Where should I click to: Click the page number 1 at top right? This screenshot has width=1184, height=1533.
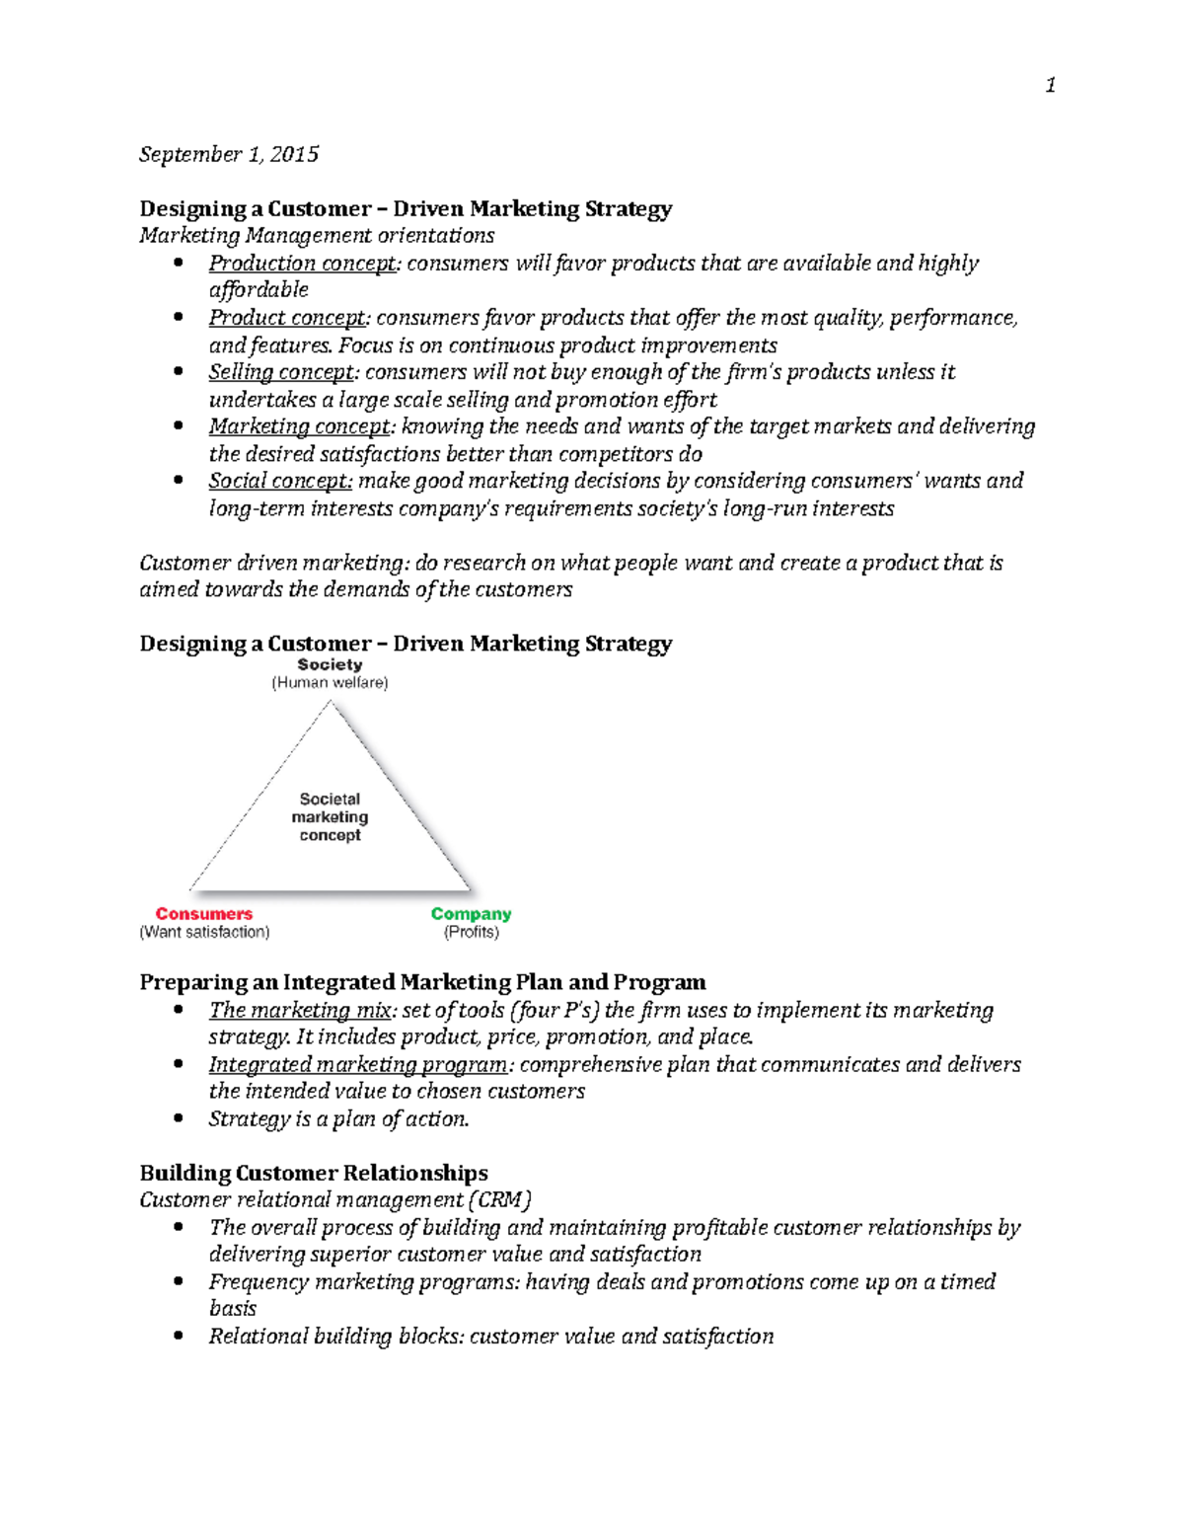[x=1050, y=86]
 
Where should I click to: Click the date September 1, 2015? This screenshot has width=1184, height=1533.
[x=229, y=154]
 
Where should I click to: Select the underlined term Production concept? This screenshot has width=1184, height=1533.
[x=302, y=264]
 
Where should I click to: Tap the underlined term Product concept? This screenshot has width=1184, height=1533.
[x=287, y=318]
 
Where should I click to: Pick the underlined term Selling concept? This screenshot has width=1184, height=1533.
[x=281, y=372]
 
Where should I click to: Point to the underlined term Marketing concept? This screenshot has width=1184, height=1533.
[x=300, y=426]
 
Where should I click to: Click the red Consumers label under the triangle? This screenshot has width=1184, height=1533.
[x=204, y=914]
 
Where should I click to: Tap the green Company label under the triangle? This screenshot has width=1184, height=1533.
[x=471, y=914]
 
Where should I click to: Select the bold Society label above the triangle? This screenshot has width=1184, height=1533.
[x=330, y=665]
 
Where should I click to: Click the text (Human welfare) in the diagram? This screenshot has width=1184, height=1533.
[x=330, y=683]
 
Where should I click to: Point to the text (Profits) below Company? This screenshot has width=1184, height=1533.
[x=471, y=932]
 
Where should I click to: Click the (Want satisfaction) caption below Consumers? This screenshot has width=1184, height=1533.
[x=204, y=932]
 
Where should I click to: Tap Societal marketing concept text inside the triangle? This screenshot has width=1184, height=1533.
[x=330, y=817]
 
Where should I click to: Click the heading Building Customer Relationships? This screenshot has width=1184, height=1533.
[x=314, y=1173]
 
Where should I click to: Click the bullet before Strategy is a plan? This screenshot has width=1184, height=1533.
[x=179, y=1118]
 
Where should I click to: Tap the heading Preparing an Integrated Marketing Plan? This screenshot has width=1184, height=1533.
[x=422, y=982]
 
